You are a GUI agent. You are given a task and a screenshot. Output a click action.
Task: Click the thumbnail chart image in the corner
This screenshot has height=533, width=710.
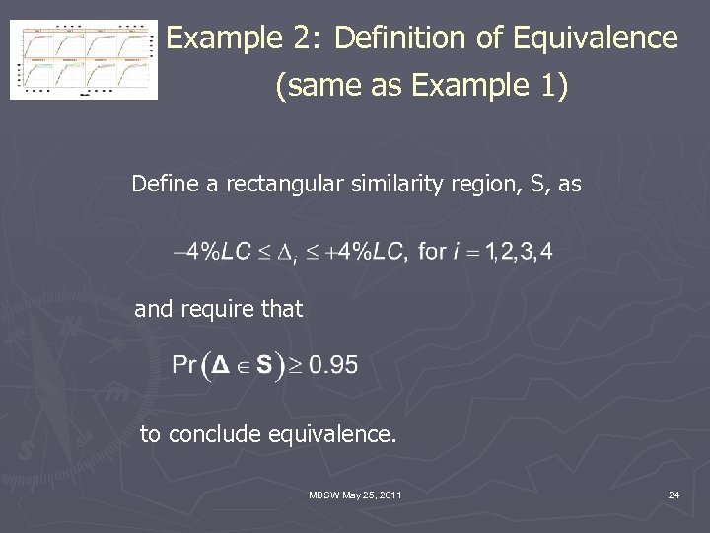[84, 59]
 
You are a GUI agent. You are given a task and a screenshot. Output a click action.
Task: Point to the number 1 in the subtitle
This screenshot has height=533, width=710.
[549, 87]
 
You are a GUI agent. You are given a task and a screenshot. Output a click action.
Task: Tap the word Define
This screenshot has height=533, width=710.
[164, 184]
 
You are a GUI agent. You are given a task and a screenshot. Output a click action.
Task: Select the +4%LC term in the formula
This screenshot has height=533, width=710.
[365, 251]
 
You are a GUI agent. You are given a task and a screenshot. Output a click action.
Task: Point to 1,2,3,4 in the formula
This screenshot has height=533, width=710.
[516, 251]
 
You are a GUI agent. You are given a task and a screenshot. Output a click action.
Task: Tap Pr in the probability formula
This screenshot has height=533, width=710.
[184, 366]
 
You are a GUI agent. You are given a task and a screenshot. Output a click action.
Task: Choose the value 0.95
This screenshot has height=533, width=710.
[333, 366]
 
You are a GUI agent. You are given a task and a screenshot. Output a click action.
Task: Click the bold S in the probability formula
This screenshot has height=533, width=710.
[263, 366]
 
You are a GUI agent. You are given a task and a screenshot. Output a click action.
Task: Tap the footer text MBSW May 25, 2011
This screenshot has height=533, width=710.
[355, 495]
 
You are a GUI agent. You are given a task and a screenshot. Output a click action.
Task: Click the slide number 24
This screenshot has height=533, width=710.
[674, 495]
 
